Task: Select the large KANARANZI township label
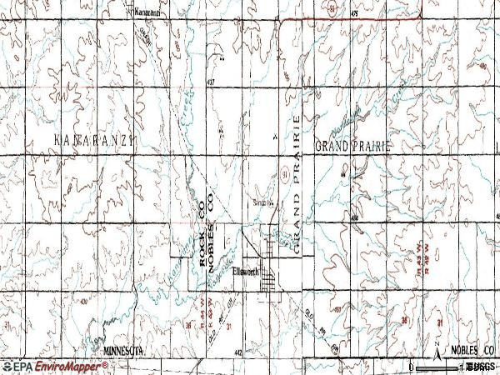coord(94,138)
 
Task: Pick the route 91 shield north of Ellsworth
coord(284,172)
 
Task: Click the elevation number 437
coord(212,82)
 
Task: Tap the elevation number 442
coord(238,353)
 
